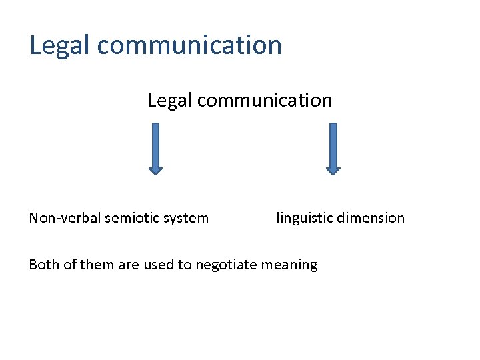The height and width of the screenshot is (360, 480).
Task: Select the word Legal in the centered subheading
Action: tap(170, 101)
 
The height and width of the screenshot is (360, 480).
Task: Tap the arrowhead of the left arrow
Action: tap(155, 170)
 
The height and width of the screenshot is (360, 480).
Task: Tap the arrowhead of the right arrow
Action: tap(333, 170)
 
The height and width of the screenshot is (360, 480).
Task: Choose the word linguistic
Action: tap(304, 219)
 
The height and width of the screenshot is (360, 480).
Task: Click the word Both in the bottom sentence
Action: tap(44, 265)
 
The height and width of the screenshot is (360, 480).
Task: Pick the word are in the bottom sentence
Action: tap(129, 265)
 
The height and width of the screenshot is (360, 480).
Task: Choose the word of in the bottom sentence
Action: tap(70, 265)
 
